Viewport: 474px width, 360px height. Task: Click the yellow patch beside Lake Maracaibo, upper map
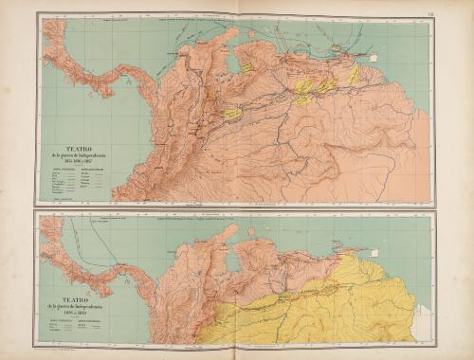(x=246, y=67)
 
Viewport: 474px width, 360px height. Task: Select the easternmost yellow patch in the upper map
(x=355, y=74)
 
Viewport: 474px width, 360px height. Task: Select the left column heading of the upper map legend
(x=62, y=171)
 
